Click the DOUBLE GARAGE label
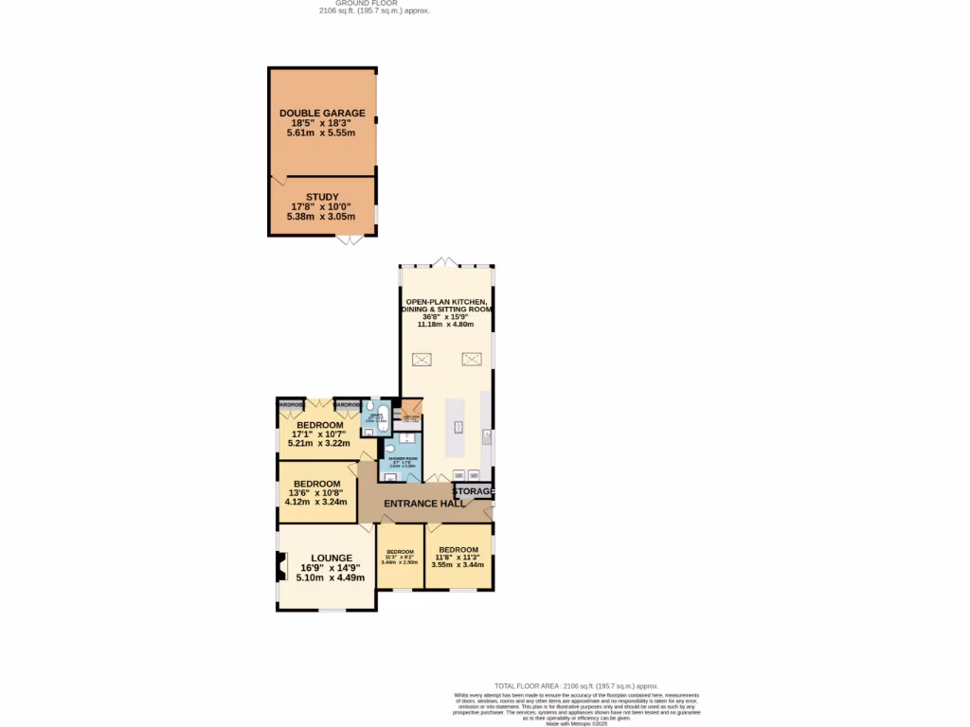[322, 114]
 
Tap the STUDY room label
[322, 197]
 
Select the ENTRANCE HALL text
[423, 504]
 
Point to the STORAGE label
[474, 491]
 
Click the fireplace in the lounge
[280, 567]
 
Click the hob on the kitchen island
[458, 427]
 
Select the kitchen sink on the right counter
[486, 436]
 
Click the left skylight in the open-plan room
[422, 359]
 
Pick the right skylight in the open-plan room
[471, 359]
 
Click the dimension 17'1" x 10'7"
[318, 434]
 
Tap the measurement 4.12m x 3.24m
[318, 502]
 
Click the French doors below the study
[350, 240]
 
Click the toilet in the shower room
[389, 450]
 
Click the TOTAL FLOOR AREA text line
[576, 686]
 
